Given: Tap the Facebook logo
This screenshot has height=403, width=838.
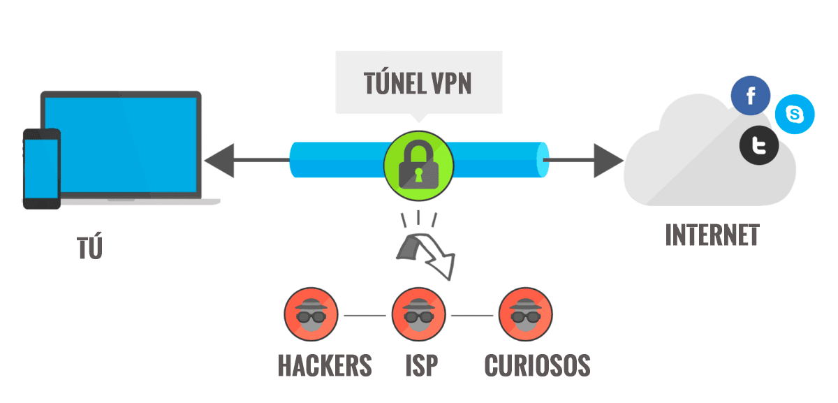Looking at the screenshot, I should pos(751,96).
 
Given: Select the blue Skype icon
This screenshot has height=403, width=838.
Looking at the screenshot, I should pos(795,114).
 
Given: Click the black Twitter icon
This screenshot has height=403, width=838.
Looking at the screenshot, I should pos(759,146).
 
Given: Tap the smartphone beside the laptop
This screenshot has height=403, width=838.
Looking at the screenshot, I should pos(41,168).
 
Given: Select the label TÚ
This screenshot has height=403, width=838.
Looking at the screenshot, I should pos(89,247).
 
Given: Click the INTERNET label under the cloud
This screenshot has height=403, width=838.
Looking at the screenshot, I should pos(712,235).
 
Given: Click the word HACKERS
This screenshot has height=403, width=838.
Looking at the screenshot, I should pos(325,365).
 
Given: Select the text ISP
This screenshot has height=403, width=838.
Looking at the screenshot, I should pos(420,365).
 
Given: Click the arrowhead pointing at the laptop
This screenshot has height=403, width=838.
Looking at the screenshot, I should pos(218,161).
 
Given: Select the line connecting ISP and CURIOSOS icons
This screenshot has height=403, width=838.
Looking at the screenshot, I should pos(472,316).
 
